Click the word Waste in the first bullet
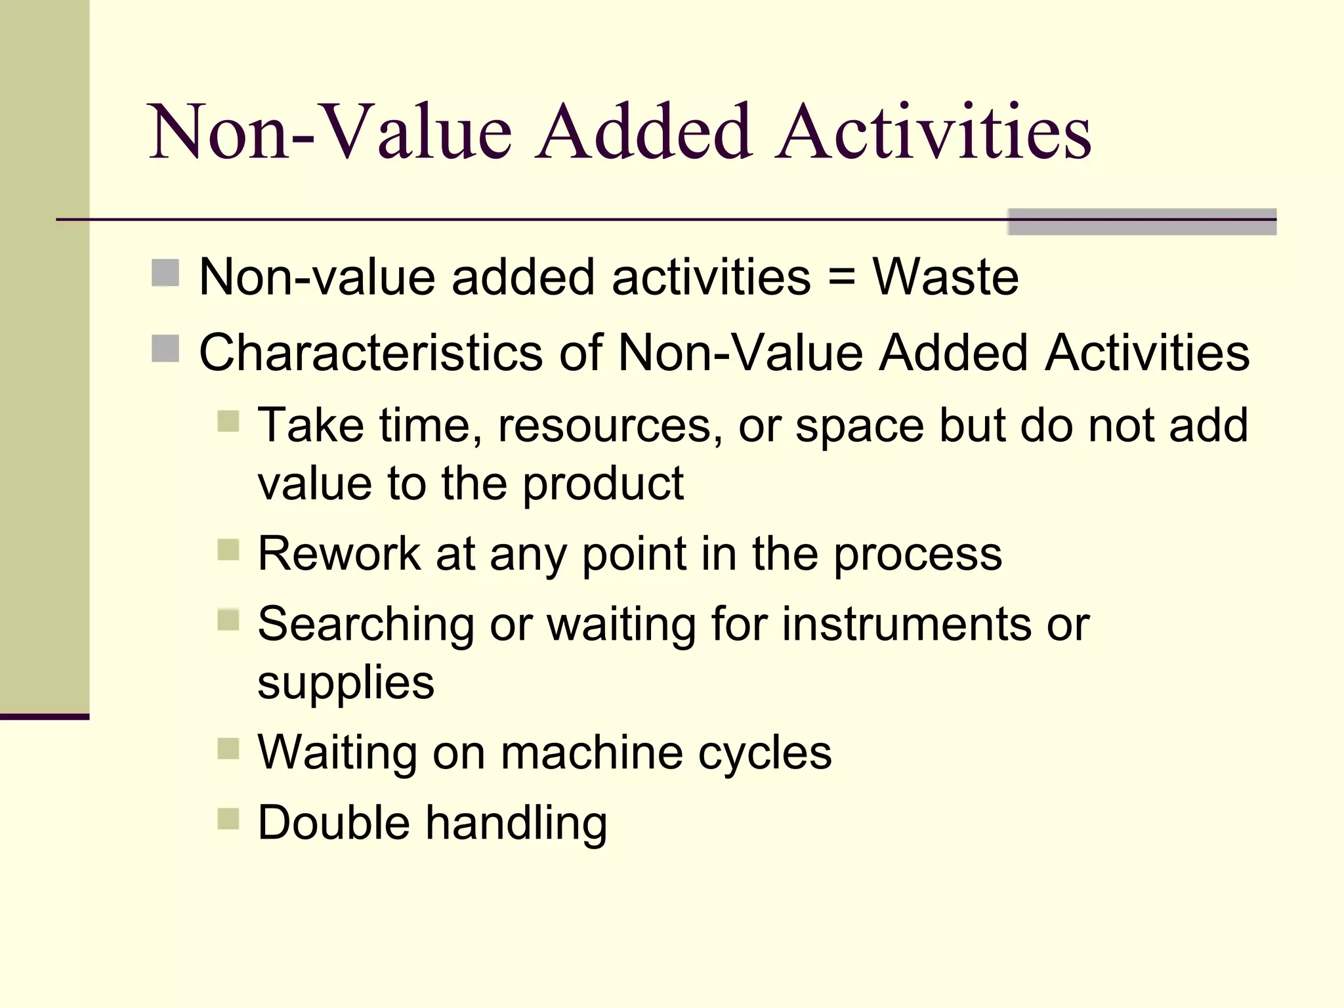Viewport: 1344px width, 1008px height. [945, 277]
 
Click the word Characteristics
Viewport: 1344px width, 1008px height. [371, 353]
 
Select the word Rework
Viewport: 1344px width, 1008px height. [339, 554]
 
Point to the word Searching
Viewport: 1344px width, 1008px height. [366, 625]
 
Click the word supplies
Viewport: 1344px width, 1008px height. [346, 682]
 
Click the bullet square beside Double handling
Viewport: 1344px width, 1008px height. [228, 818]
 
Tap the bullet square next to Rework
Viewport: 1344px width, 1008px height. [228, 549]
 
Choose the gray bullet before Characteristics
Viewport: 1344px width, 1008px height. [165, 348]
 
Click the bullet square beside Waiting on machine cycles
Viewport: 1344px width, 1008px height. [228, 748]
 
